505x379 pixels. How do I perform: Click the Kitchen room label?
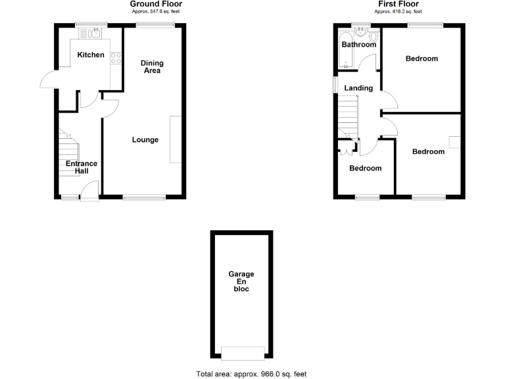click(x=91, y=55)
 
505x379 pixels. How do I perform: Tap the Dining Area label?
click(x=152, y=67)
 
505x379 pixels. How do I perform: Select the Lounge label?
click(x=145, y=139)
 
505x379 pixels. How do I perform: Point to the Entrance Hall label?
click(x=81, y=167)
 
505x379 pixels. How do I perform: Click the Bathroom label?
click(x=358, y=45)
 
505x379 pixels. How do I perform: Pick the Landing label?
click(x=358, y=88)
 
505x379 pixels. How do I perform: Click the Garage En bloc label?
click(x=241, y=281)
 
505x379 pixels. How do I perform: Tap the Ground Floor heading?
click(x=156, y=4)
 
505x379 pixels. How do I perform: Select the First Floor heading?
click(x=398, y=4)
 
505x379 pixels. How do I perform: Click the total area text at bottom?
click(x=251, y=374)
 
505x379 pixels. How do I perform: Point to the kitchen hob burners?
click(x=116, y=58)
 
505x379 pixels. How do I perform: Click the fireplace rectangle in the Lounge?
click(x=175, y=139)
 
